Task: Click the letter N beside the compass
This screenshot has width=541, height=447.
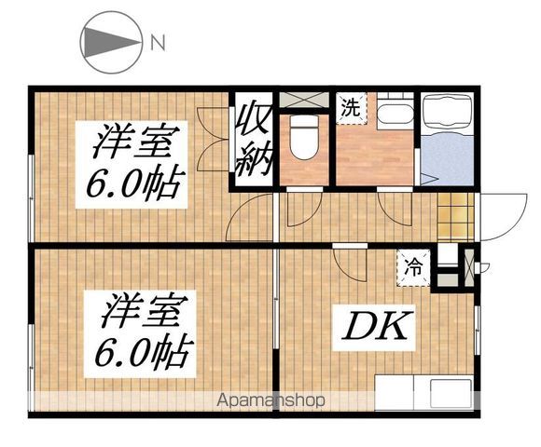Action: point(158,42)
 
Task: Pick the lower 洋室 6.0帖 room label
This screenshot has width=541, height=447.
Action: point(141,331)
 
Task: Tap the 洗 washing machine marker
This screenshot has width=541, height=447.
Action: point(350,107)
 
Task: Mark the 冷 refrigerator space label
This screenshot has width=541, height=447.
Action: point(412,265)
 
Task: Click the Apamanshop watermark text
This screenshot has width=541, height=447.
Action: point(271,401)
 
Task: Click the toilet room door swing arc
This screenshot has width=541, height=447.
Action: point(302,210)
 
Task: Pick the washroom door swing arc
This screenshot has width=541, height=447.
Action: point(397,210)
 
